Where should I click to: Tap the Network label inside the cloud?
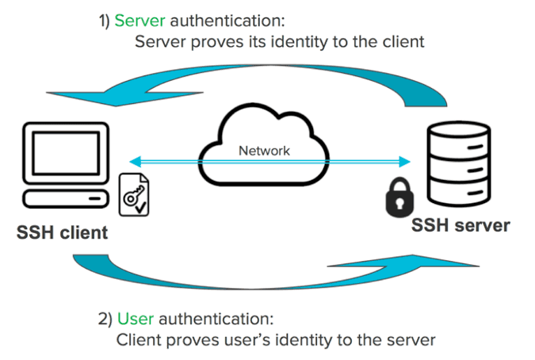point(264,150)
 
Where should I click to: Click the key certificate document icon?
point(133,194)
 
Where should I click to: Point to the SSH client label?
point(62,234)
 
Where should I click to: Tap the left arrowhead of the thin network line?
point(135,161)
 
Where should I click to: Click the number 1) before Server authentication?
point(105,19)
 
